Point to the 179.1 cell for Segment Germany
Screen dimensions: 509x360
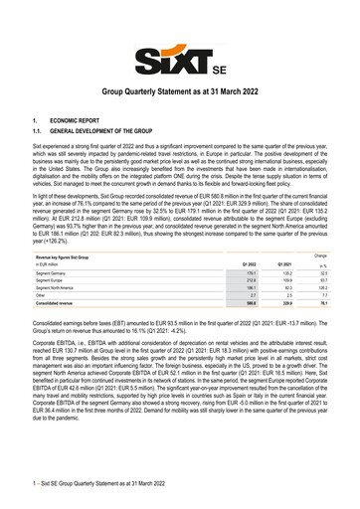click(238, 273)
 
